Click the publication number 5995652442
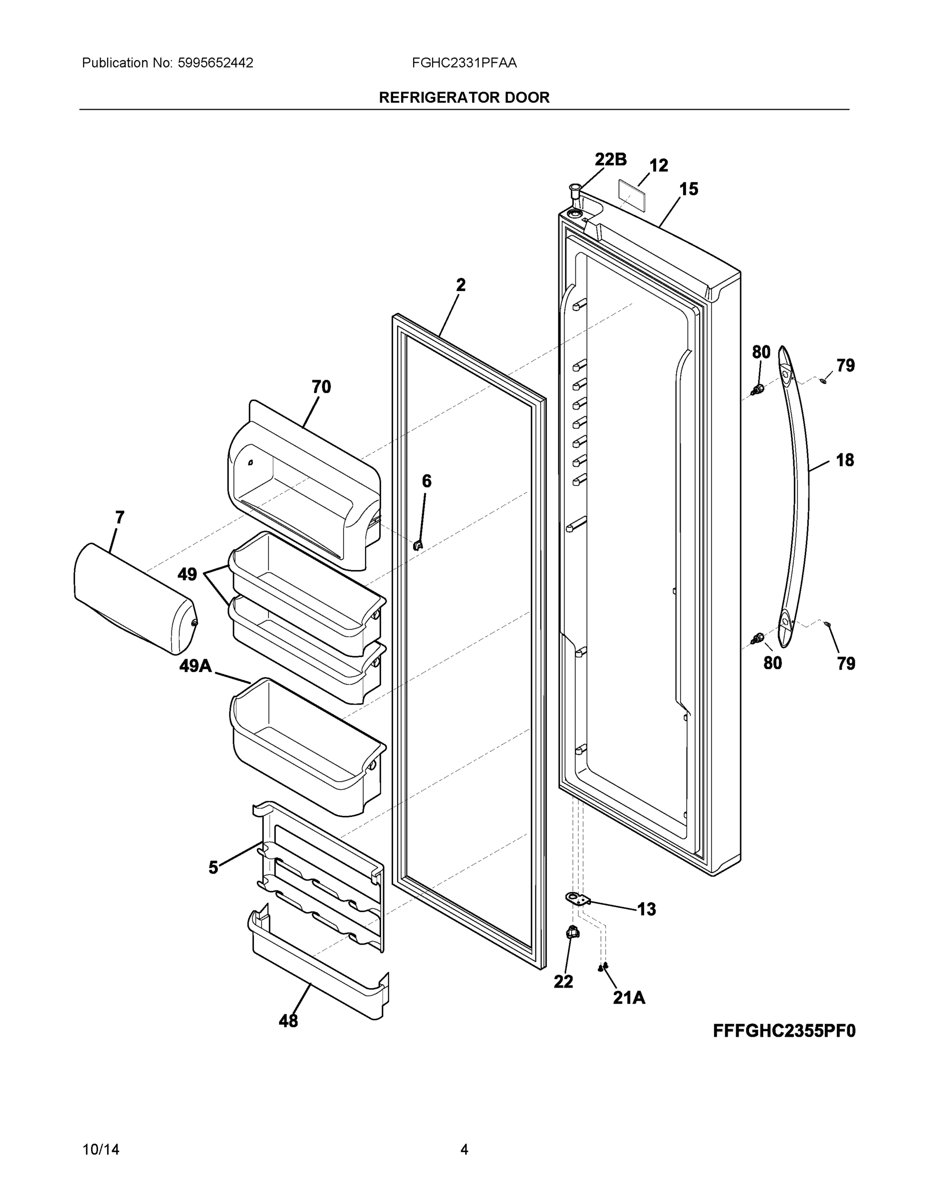(215, 63)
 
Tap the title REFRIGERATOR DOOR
(464, 98)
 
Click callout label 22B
(610, 159)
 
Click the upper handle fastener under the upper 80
(758, 390)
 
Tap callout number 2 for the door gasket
(461, 284)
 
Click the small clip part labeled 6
(418, 545)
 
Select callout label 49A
(195, 667)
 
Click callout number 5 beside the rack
(213, 868)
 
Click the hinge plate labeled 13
(577, 899)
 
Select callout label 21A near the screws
(629, 997)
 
